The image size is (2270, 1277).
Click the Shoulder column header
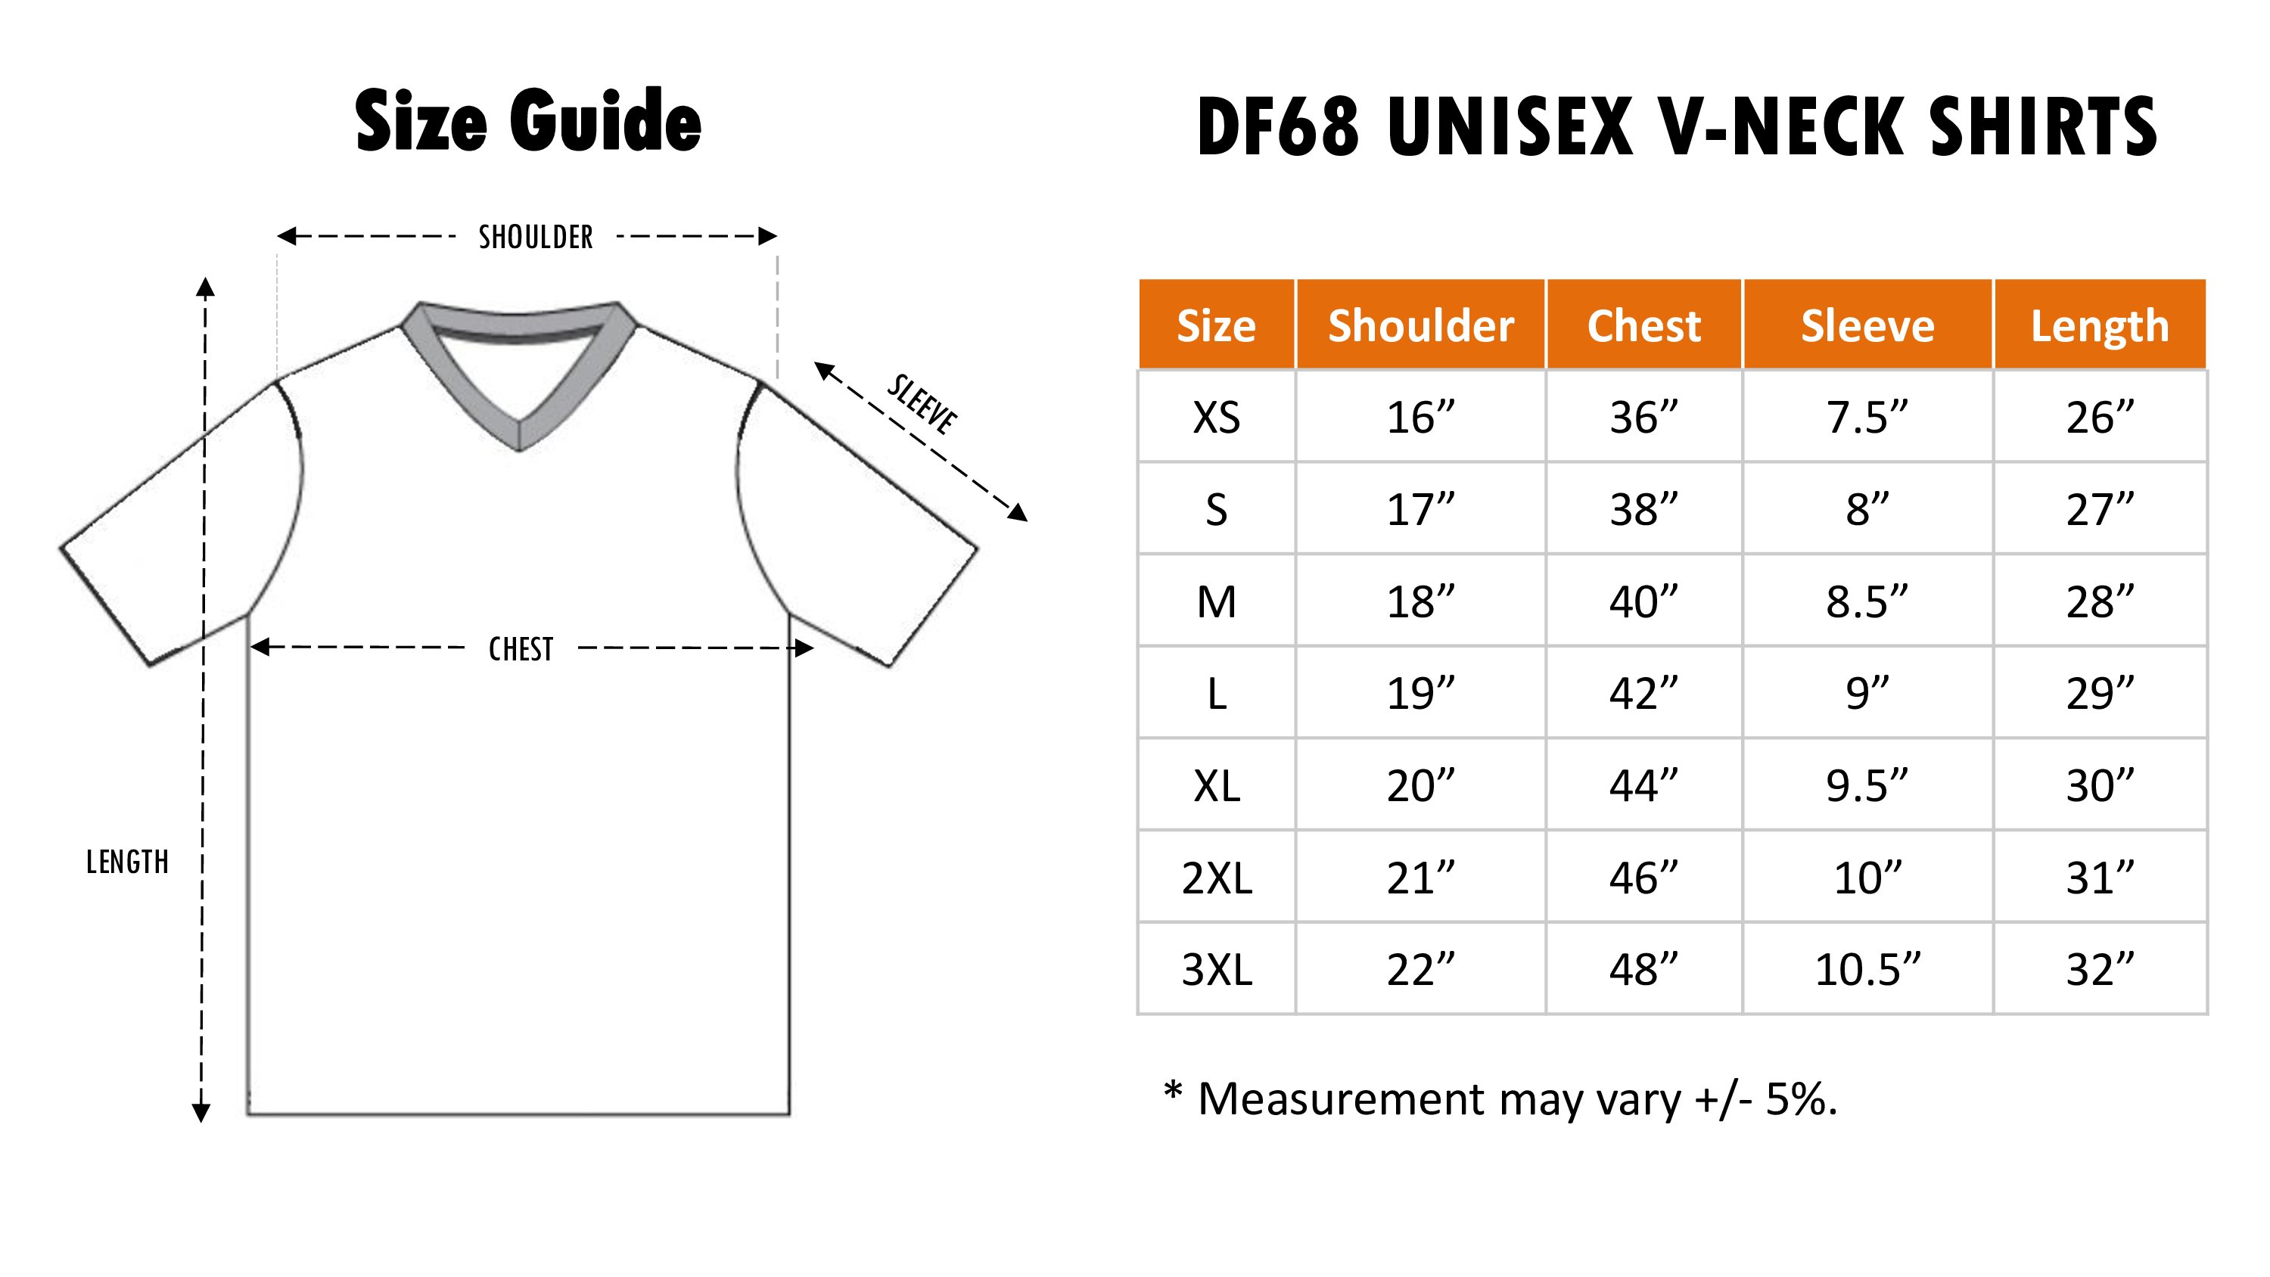pos(1420,325)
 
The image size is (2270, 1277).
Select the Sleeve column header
pos(1867,325)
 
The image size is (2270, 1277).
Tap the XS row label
pos(1216,417)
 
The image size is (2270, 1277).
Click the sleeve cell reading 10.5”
pos(1867,969)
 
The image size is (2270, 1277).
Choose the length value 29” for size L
pos(2100,694)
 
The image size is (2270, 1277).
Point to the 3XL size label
pos(1216,969)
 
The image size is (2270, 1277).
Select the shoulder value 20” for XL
pos(1420,785)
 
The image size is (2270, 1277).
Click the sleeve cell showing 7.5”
pos(1867,417)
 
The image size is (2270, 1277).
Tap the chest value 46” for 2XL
pos(1643,878)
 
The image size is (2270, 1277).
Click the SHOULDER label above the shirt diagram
pos(536,237)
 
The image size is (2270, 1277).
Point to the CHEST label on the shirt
pos(521,650)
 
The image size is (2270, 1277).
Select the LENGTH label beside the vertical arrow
pos(127,862)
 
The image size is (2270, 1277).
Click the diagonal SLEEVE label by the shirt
pos(922,405)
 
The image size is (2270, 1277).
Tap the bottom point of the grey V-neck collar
pos(519,450)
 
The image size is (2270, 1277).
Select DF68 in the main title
pos(1279,126)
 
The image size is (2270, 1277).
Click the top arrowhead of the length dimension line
pos(205,287)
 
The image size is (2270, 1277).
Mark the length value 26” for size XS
pos(2100,417)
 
